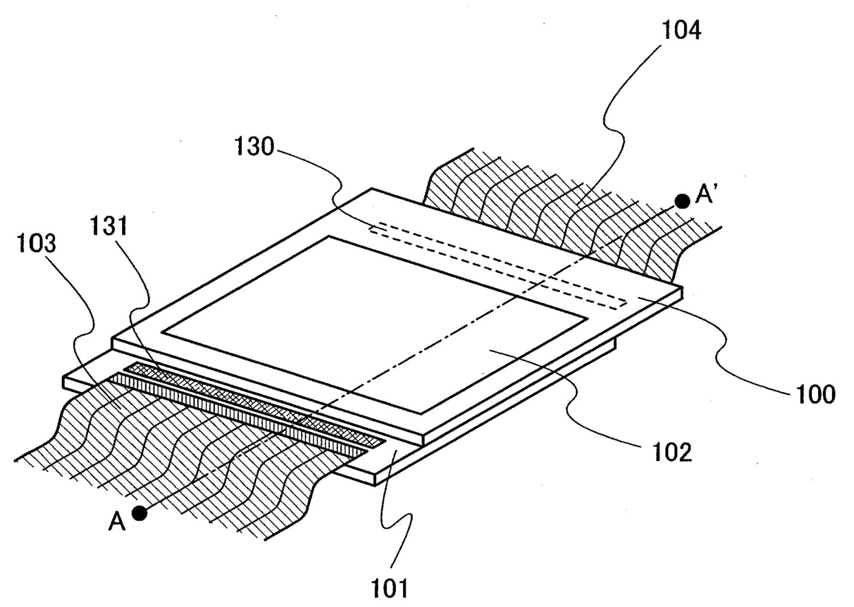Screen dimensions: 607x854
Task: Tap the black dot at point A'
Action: (x=682, y=201)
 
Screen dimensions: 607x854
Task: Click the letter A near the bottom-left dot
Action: (x=116, y=523)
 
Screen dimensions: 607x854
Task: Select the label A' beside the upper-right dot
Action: (x=706, y=196)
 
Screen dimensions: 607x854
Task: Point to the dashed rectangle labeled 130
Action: (x=496, y=265)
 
